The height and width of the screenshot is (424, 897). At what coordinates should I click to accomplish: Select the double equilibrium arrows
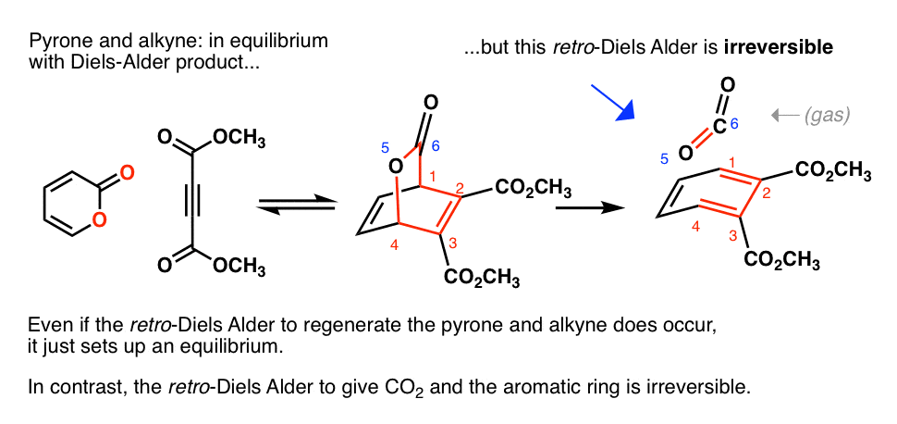296,206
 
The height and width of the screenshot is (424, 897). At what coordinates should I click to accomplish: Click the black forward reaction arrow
590,208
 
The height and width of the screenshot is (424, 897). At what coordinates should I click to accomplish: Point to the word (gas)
826,117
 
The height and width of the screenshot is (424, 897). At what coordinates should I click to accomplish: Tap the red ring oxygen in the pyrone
99,218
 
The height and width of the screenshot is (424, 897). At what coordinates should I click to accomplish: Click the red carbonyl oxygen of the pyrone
128,170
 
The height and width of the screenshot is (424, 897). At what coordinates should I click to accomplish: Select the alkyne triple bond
192,204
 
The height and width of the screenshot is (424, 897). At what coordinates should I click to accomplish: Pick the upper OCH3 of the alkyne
239,139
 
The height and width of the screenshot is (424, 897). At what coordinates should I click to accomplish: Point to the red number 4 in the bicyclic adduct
395,246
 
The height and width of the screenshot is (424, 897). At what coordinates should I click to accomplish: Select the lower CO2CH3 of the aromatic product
782,261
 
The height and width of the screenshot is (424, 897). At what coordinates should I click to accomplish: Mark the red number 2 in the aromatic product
767,193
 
